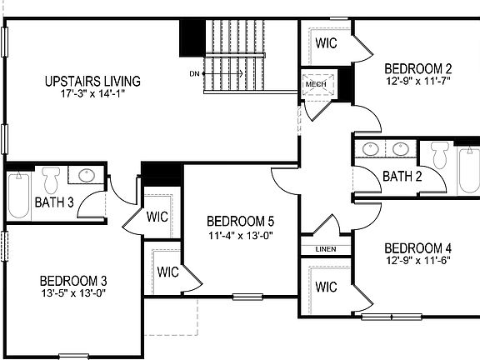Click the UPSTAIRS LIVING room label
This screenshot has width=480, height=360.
pos(92,82)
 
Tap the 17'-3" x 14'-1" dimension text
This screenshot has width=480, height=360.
pos(92,94)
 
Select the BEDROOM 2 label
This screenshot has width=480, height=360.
pos(418,68)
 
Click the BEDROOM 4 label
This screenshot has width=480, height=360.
pos(418,248)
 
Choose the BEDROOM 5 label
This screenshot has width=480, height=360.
pos(241,222)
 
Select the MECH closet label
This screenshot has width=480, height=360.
pos(315,84)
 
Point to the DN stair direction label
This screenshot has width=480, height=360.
pos(195,74)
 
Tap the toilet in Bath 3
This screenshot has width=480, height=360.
pos(51,178)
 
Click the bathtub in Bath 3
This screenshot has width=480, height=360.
pos(18,193)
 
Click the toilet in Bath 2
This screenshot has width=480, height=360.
pos(440,154)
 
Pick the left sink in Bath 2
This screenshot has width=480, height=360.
pos(372,150)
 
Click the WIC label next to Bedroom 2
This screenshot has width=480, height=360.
pos(326,43)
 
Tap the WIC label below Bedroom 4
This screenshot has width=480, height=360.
pos(326,287)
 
